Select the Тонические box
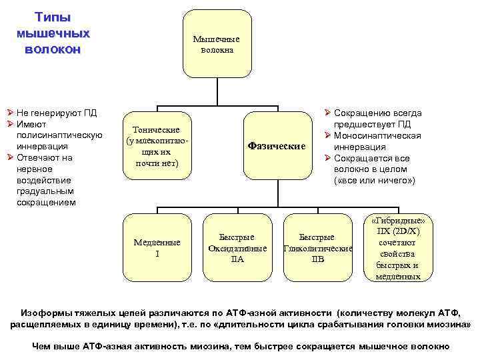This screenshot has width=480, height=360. pos(156,146)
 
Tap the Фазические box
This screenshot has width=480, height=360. pos(276,146)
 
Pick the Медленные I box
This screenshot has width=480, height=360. pos(156,247)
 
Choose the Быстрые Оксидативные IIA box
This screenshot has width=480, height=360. pos(237,247)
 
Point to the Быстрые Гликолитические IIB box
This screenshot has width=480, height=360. pos(317,247)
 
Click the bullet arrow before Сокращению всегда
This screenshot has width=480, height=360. pos(328,113)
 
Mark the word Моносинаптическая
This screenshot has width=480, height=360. pos(377,136)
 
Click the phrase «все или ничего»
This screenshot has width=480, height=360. pos(375,181)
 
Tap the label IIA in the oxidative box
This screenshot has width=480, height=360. pos(237,259)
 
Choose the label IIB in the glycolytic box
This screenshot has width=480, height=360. pos(317,259)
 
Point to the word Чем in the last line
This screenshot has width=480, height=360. pos(42,346)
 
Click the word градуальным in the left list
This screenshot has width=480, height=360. pos(45,191)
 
